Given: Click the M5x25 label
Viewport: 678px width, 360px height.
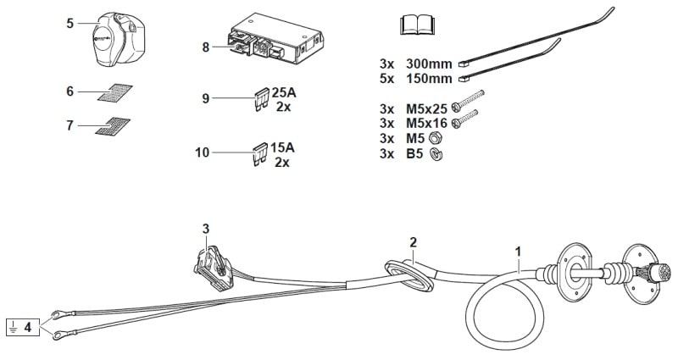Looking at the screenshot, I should point(427,108).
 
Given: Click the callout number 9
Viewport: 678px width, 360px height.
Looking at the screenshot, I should point(205,99).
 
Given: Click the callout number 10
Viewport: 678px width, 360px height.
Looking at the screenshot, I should point(202,153).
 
